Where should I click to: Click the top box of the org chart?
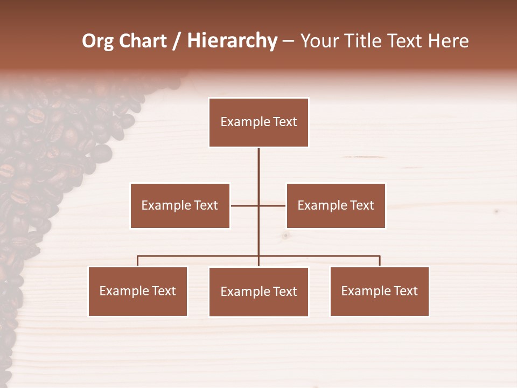(258, 122)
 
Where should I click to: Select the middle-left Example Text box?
(180, 205)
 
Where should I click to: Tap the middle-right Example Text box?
(336, 205)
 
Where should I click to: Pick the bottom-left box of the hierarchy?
(137, 291)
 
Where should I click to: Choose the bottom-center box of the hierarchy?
(258, 292)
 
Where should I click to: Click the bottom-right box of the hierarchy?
(379, 291)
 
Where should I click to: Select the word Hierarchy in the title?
(232, 41)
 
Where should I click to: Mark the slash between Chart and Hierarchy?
(177, 41)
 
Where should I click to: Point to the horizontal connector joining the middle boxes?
(245, 205)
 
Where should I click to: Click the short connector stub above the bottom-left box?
(137, 261)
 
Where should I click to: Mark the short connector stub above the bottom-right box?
(380, 261)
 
